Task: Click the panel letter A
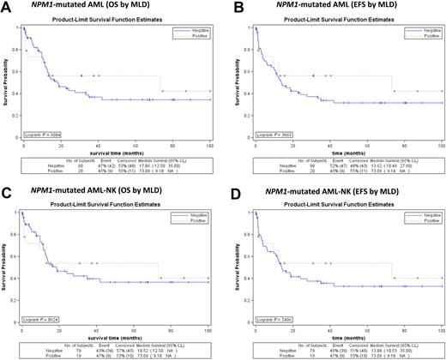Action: click(6, 7)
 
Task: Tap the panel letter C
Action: click(6, 187)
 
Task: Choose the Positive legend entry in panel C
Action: click(194, 214)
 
